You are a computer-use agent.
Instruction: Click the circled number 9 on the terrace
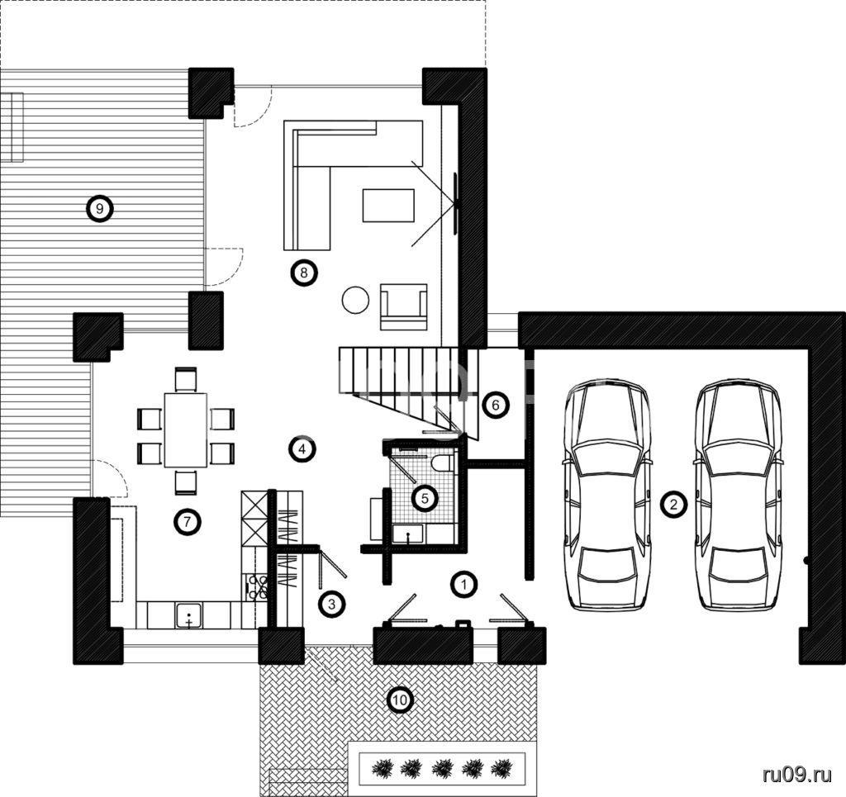click(x=100, y=209)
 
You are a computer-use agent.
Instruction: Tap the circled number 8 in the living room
click(x=304, y=273)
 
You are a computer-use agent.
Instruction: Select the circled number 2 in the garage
click(x=673, y=505)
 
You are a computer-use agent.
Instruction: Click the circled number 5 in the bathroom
click(x=425, y=499)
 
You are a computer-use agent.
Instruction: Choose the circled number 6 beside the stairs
click(x=496, y=405)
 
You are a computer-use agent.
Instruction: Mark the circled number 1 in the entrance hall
click(x=464, y=584)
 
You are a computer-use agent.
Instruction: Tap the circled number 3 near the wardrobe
click(x=331, y=604)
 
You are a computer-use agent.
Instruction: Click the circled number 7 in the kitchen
click(x=188, y=521)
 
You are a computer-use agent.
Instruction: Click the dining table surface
click(x=186, y=430)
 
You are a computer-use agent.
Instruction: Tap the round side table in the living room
click(x=355, y=299)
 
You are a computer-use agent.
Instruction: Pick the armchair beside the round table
click(x=403, y=307)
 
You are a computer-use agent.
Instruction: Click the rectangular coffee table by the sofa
click(x=388, y=205)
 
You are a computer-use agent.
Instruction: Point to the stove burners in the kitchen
click(x=257, y=587)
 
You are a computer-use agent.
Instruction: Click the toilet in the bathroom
click(x=444, y=463)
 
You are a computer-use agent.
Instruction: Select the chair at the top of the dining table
click(x=186, y=379)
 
